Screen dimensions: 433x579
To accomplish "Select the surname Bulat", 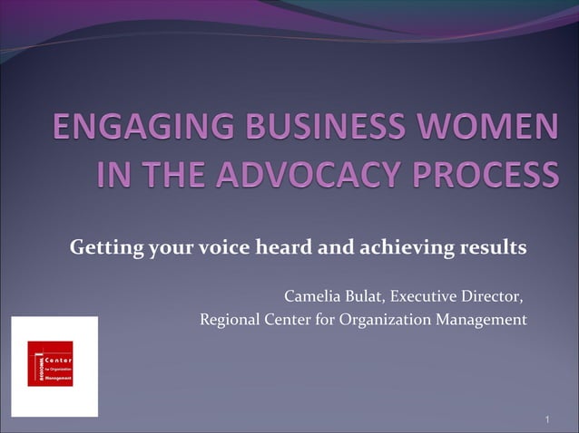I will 367,297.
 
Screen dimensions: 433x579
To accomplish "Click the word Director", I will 494,297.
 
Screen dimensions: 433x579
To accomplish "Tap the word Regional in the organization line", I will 229,319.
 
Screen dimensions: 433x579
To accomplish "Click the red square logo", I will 50,363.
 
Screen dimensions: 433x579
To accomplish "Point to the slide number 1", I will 548,419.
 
